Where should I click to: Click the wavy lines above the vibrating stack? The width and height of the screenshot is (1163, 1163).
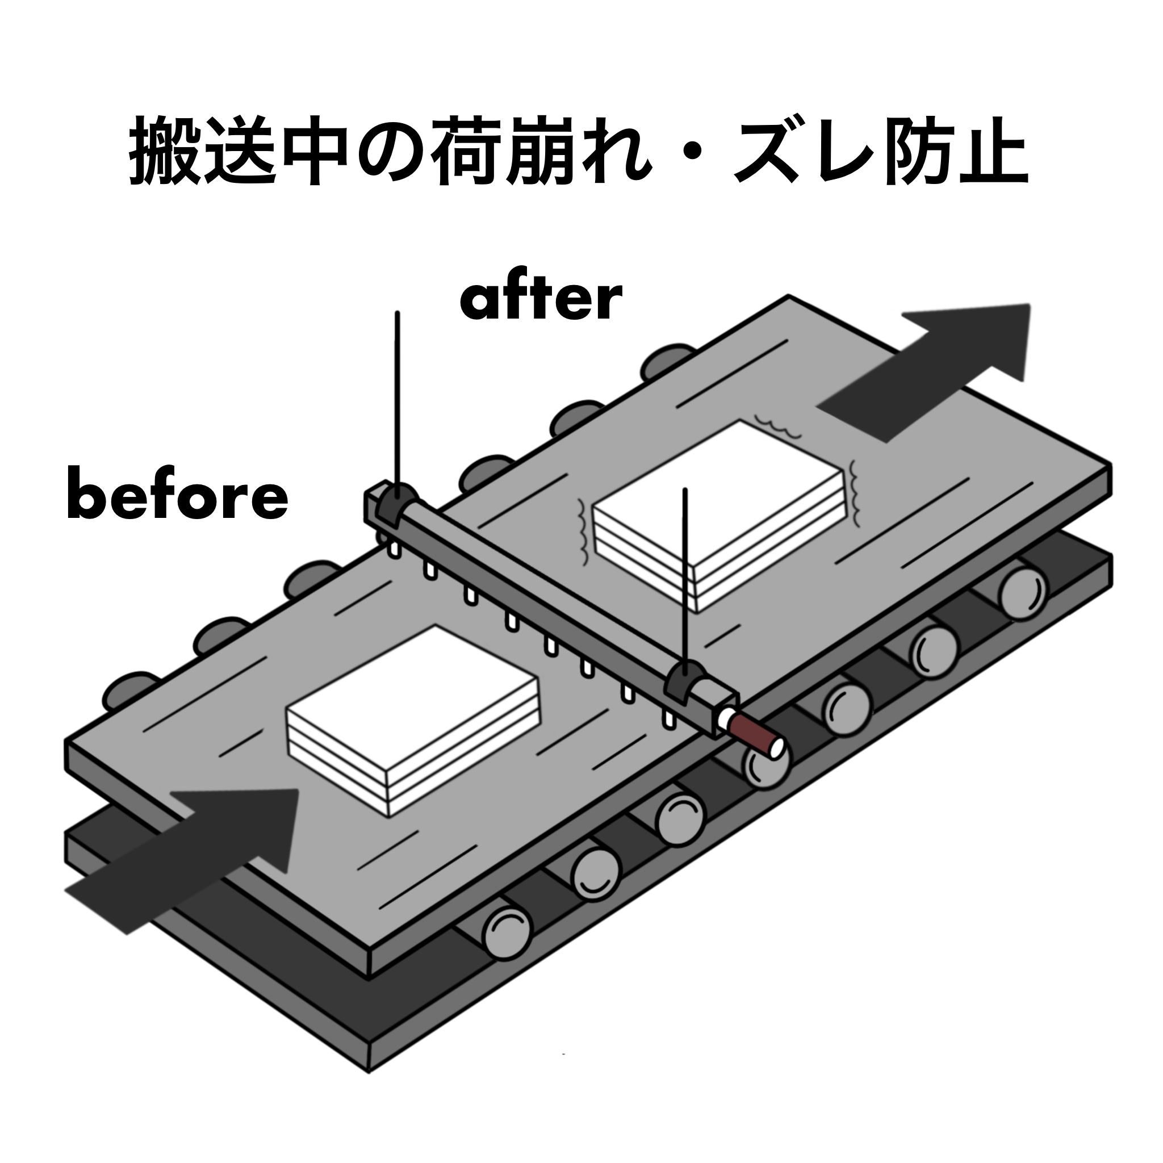point(777,425)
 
